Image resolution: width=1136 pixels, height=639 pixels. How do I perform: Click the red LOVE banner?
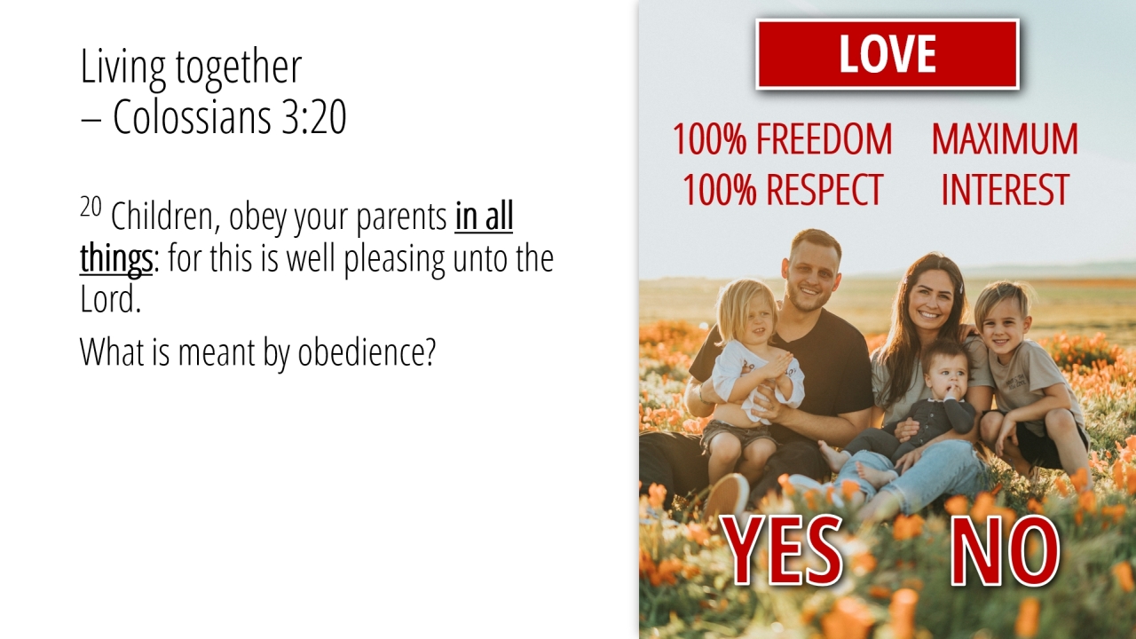pyautogui.click(x=887, y=54)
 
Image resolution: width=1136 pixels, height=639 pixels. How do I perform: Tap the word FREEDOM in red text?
pyautogui.click(x=824, y=139)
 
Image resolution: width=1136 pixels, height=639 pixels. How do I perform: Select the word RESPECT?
pyautogui.click(x=825, y=189)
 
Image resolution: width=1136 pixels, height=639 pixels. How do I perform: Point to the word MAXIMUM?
pyautogui.click(x=1005, y=139)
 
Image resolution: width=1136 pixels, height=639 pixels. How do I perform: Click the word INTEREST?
pyautogui.click(x=1006, y=189)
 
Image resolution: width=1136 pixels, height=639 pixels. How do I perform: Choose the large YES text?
pyautogui.click(x=782, y=549)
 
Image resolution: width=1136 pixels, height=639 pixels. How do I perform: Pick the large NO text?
pyautogui.click(x=1005, y=551)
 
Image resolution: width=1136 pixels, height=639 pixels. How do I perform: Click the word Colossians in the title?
pyautogui.click(x=192, y=116)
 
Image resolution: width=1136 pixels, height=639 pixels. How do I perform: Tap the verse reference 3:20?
pyautogui.click(x=313, y=116)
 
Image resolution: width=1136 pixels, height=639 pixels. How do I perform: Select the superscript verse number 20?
pyautogui.click(x=91, y=207)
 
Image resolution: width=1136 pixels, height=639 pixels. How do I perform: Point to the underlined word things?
pyautogui.click(x=116, y=259)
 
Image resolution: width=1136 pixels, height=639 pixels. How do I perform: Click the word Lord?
pyautogui.click(x=110, y=299)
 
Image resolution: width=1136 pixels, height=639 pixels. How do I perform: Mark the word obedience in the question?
pyautogui.click(x=367, y=351)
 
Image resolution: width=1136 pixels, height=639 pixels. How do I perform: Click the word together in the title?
pyautogui.click(x=239, y=67)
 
